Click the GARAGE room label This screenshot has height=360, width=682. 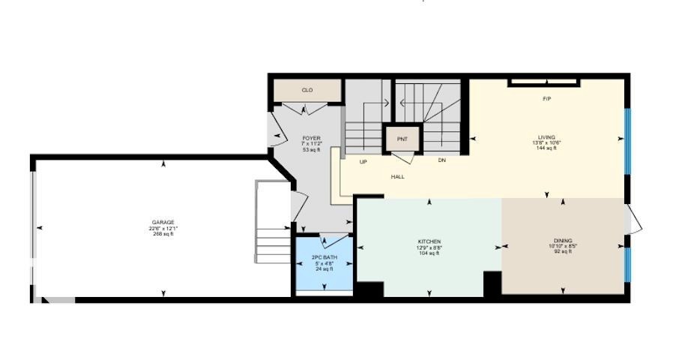[x=163, y=222]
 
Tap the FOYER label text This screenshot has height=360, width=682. [x=311, y=138]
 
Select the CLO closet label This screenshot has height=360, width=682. [x=307, y=90]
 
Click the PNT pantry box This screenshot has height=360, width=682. [x=402, y=139]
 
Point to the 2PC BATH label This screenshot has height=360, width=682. [x=324, y=257]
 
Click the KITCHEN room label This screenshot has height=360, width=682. [x=429, y=241]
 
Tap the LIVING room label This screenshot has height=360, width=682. [x=546, y=137]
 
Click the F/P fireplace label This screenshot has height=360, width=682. [x=547, y=99]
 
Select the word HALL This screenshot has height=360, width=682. [x=397, y=177]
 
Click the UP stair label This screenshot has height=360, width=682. [x=363, y=161]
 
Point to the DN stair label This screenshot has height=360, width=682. [x=442, y=160]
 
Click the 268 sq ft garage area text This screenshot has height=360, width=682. [x=163, y=233]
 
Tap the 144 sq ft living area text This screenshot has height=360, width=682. [x=546, y=148]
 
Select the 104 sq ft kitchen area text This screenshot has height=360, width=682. [x=429, y=253]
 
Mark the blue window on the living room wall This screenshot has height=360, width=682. [x=627, y=138]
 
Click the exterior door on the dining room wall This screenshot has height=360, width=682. [x=633, y=221]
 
